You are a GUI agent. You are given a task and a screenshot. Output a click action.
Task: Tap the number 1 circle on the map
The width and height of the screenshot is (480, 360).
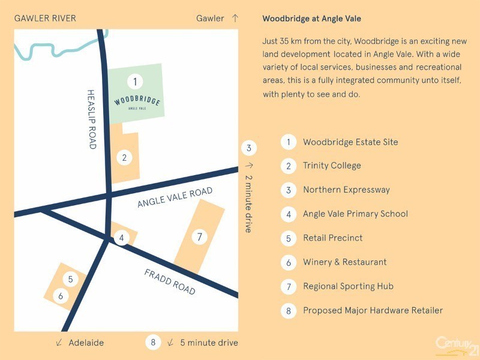tap(136, 81)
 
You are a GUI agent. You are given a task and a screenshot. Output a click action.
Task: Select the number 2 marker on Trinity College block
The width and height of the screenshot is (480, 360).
tap(124, 158)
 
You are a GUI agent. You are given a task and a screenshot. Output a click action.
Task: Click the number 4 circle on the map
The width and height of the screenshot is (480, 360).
tap(122, 238)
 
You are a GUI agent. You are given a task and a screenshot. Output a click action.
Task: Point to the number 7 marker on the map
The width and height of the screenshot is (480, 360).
tap(200, 237)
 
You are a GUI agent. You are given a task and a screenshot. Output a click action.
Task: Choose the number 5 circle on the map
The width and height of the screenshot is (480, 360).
tap(71, 279)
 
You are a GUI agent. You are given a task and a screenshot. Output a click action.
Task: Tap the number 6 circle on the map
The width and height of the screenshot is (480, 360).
tap(61, 296)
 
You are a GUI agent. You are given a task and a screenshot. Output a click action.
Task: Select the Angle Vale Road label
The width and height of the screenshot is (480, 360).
tap(175, 197)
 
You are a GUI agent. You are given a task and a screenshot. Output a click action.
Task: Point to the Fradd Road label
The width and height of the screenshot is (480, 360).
tap(170, 281)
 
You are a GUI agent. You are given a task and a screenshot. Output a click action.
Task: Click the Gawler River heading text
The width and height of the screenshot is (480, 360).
tap(45, 18)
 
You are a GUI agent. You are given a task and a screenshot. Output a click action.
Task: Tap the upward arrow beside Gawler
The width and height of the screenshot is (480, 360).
tap(235, 18)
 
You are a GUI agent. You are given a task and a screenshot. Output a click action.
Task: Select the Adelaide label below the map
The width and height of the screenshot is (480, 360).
tap(86, 343)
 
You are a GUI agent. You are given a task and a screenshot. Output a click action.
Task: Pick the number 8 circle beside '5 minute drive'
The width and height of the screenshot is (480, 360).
tap(153, 343)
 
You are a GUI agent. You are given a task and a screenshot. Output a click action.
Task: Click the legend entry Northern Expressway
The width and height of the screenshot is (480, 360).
tap(346, 190)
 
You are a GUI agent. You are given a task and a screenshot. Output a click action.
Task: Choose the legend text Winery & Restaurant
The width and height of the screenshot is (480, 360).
tap(344, 262)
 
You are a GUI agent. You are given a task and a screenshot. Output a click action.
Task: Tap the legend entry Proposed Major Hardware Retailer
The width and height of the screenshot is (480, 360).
tap(373, 310)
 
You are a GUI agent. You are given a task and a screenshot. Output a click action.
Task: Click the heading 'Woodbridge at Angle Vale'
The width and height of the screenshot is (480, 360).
tap(311, 19)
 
